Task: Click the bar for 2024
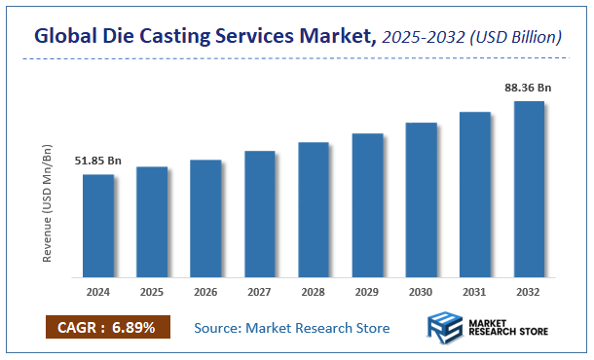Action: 97,226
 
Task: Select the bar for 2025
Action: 152,222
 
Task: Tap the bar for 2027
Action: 260,214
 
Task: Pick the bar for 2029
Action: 367,205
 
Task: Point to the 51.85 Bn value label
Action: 97,161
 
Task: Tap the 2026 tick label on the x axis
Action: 205,291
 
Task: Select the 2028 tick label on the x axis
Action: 314,291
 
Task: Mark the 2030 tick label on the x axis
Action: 421,291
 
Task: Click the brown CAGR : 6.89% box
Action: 108,327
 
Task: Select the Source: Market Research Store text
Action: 292,328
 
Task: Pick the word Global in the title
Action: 66,37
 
